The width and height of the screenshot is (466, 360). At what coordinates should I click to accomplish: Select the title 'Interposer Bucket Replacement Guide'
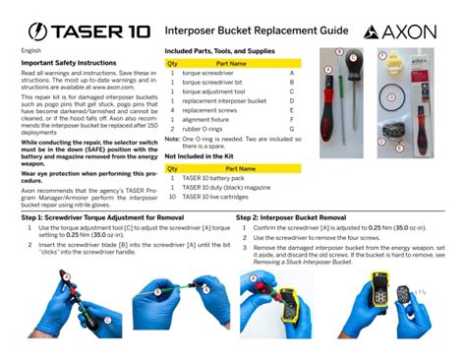click(258, 31)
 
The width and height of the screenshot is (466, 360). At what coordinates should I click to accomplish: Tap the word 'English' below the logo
click(31, 49)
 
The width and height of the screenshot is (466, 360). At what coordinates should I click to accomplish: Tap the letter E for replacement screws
click(291, 110)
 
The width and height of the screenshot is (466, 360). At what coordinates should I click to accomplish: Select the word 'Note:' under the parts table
click(173, 139)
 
